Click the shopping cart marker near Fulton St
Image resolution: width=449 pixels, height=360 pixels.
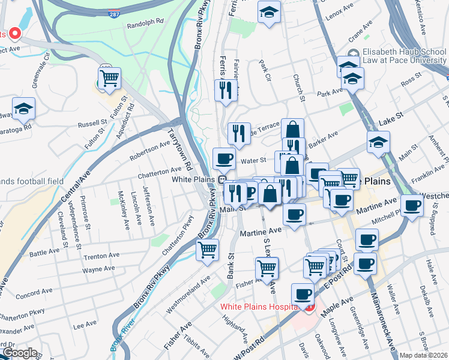[109, 79]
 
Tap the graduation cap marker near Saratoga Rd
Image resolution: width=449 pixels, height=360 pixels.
[24, 109]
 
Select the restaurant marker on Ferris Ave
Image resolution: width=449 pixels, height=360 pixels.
[223, 91]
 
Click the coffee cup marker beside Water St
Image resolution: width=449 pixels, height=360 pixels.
[224, 159]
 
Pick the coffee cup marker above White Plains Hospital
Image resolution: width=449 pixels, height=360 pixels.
[303, 295]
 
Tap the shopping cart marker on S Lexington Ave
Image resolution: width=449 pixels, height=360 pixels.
[267, 268]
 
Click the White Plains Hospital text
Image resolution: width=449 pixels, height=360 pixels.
[259, 307]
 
